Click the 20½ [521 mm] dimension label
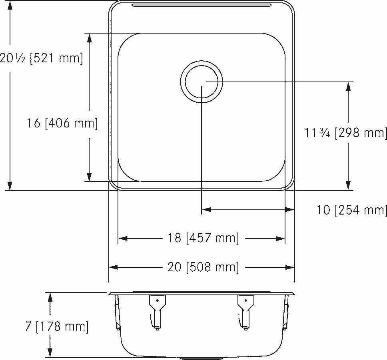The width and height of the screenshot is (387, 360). tap(42, 58)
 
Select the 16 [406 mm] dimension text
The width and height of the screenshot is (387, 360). tap(62, 123)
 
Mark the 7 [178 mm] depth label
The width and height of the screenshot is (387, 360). tap(56, 326)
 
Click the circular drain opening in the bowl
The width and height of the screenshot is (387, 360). tap(201, 82)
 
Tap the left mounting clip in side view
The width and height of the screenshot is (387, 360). tap(156, 312)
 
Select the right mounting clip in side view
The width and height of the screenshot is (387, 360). tap(245, 312)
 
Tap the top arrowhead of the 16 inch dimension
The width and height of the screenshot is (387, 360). tap(89, 38)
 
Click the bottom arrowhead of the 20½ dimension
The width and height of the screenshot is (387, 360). tap(10, 185)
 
